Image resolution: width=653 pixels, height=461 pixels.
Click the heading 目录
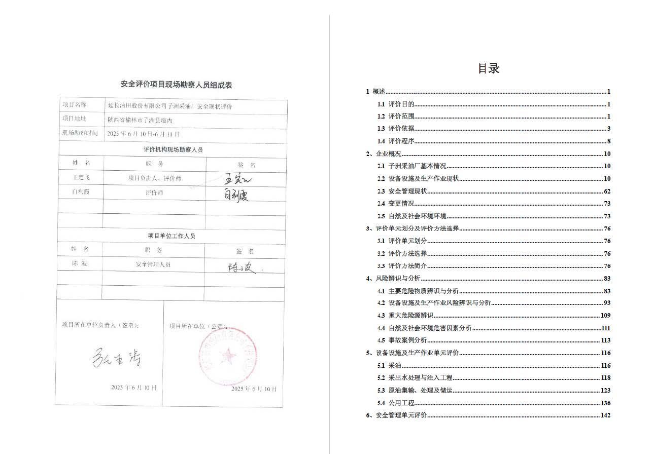(489, 68)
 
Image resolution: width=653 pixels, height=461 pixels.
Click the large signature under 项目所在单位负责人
(116, 358)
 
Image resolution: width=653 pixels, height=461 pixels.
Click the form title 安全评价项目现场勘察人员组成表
(176, 85)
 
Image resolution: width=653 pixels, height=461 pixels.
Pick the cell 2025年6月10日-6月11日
(144, 134)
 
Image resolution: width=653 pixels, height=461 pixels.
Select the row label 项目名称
(75, 105)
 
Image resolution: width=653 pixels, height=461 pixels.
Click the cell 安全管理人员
(153, 264)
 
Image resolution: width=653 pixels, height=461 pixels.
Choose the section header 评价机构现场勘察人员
(173, 150)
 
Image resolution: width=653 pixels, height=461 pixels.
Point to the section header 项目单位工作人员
(171, 236)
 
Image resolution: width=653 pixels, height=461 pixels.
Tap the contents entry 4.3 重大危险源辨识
(408, 316)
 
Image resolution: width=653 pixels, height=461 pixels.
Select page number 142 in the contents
(605, 415)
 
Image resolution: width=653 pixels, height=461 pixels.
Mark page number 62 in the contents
(607, 191)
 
